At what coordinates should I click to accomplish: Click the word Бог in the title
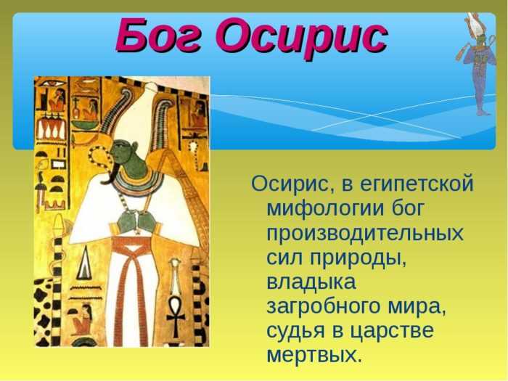pyautogui.click(x=159, y=36)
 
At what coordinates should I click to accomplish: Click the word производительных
pyautogui.click(x=365, y=232)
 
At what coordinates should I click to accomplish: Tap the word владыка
pyautogui.click(x=311, y=282)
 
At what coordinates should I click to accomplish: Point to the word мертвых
pyautogui.click(x=314, y=356)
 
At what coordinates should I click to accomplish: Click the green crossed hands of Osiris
pyautogui.click(x=136, y=221)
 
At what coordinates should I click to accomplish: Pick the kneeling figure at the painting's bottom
pyautogui.click(x=81, y=320)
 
